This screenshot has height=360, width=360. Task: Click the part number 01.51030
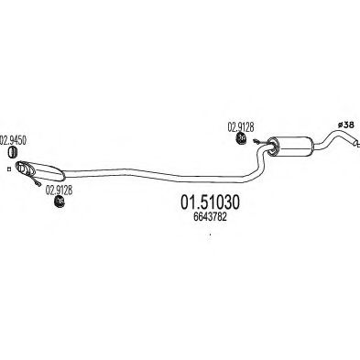tap(210, 202)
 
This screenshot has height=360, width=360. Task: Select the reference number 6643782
tap(210, 217)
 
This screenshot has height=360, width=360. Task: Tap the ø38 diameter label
tap(345, 125)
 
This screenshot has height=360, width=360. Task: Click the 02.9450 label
tap(13, 140)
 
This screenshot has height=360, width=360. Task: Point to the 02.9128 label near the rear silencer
tap(241, 127)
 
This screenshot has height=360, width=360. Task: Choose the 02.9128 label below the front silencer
tap(59, 191)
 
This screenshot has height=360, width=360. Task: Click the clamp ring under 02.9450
tap(12, 152)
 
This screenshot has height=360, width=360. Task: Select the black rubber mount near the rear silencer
tap(241, 138)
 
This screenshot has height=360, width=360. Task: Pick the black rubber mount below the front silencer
tap(59, 201)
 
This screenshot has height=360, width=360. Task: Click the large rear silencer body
tap(293, 146)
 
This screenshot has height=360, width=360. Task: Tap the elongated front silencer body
tap(43, 169)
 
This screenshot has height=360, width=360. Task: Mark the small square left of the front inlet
tap(9, 169)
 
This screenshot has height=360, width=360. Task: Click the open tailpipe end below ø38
tap(355, 143)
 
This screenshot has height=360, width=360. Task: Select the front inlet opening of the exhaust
tap(19, 166)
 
